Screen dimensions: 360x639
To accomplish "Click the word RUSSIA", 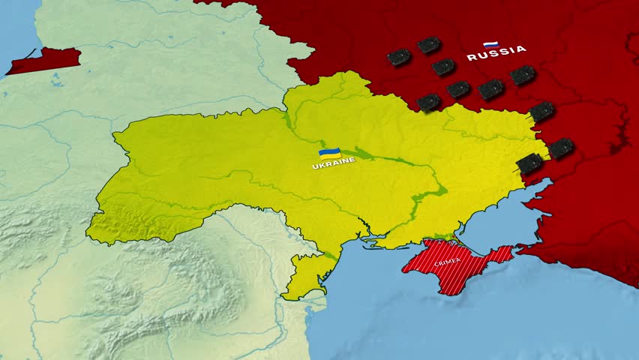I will point(496,53).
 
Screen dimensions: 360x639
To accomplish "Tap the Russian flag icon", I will point(491,44).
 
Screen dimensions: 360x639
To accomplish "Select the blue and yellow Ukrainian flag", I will point(330,153).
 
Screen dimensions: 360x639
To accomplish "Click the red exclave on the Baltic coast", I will point(45,60).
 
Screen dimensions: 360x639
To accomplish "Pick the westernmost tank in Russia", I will point(399,57).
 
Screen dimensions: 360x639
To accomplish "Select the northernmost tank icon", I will point(429,45).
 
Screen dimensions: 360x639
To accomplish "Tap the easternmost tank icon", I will point(560,148).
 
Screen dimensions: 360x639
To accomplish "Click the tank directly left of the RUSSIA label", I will point(443,67).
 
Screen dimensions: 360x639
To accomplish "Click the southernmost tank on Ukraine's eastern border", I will point(529,162).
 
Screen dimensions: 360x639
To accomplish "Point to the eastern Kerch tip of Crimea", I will point(508,253).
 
